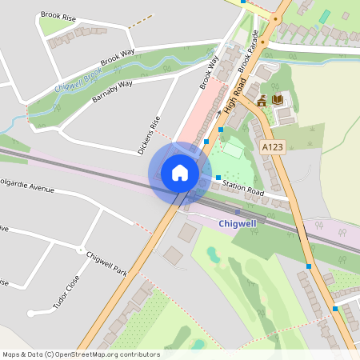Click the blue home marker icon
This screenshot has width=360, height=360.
point(180,172)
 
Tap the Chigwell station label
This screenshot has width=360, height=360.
point(237,224)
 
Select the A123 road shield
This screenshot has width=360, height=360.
point(273,146)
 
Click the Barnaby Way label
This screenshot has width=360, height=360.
point(112,86)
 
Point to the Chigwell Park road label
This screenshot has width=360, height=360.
point(106,262)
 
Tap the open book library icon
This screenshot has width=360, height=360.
point(278,99)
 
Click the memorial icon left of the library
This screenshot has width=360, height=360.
point(262,100)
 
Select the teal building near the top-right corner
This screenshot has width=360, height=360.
point(324,16)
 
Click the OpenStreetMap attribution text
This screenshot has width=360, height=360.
point(81,354)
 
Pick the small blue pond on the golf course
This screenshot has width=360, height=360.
point(212,254)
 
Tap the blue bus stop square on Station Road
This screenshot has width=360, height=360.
point(218,178)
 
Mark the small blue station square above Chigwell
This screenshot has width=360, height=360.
point(237,211)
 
